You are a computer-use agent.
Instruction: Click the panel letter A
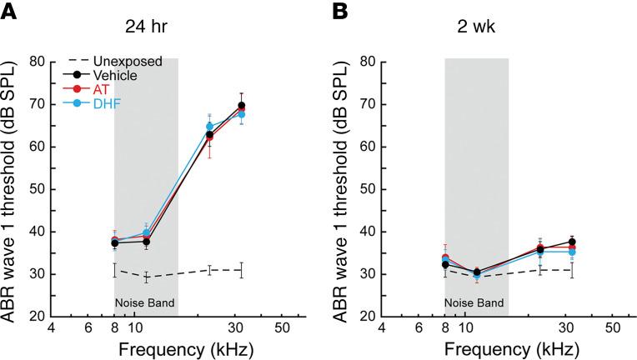[x=10, y=12]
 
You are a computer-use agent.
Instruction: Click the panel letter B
[x=340, y=12]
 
